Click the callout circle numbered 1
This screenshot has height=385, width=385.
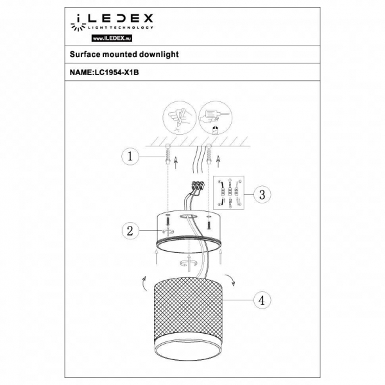[131, 156]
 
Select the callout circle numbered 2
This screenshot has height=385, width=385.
[131, 231]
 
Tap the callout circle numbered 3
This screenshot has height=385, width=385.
[261, 194]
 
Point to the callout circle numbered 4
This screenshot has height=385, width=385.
[261, 300]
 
